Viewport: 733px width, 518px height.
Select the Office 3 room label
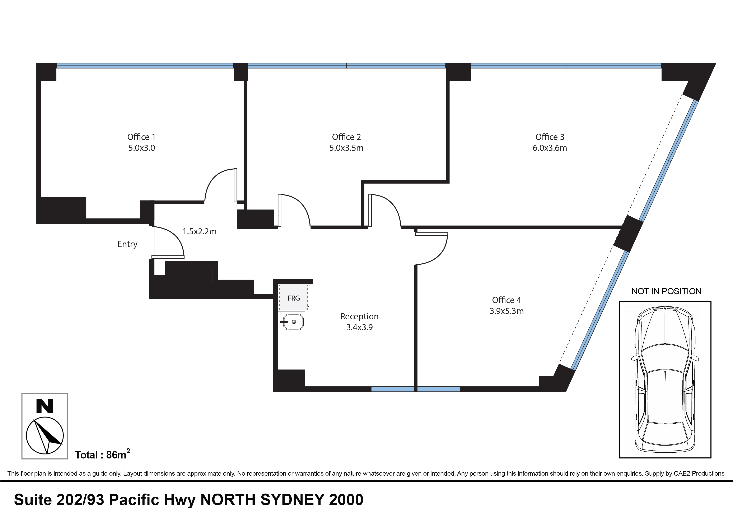(550, 137)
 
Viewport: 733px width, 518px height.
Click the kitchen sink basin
(293, 322)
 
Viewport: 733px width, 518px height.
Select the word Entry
(127, 244)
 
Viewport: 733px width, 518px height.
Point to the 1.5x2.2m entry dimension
(200, 232)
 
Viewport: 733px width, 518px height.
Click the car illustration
(665, 379)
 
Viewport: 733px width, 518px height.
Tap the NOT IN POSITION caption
(666, 291)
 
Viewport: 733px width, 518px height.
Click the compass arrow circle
(45, 436)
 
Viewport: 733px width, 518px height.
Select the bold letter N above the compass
(45, 406)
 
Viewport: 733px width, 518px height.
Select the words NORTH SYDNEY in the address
(262, 500)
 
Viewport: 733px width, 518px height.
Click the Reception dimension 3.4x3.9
(359, 328)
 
